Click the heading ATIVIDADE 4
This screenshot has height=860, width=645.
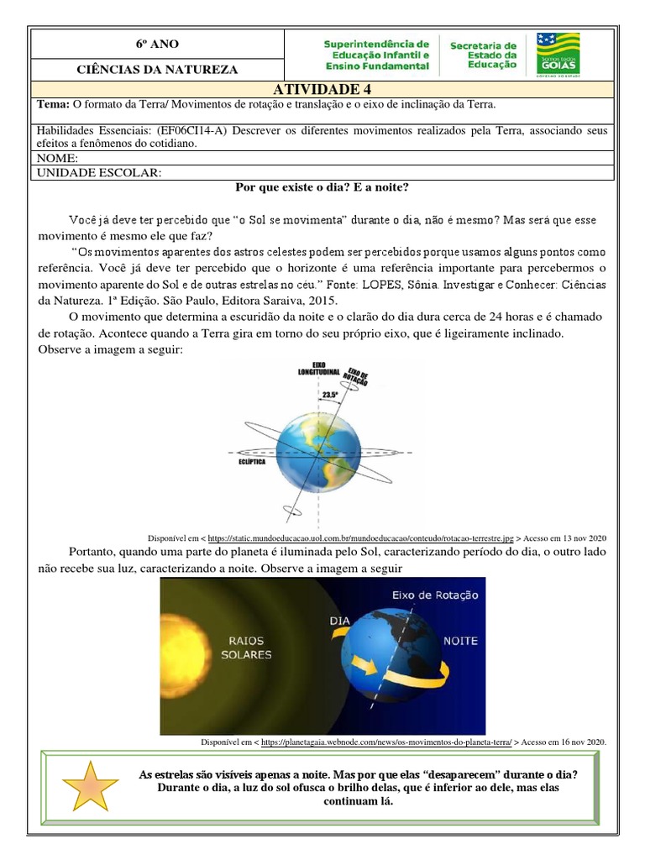(x=322, y=90)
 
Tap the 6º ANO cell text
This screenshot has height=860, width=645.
(x=157, y=45)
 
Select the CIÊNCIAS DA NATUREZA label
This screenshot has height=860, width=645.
(x=157, y=70)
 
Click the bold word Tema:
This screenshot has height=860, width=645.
(x=54, y=105)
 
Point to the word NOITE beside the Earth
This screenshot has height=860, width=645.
(x=460, y=641)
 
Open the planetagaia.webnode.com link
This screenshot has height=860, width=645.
(x=386, y=742)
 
